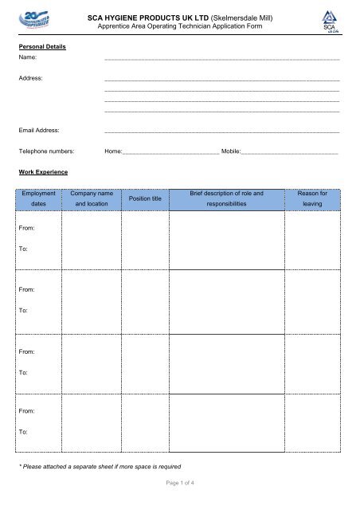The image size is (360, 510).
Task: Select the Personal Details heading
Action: [42, 47]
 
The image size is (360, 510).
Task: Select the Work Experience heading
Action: [45, 171]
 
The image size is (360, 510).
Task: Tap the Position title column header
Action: [145, 198]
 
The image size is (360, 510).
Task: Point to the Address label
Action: [31, 79]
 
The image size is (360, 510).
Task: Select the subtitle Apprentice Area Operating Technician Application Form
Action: [179, 25]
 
